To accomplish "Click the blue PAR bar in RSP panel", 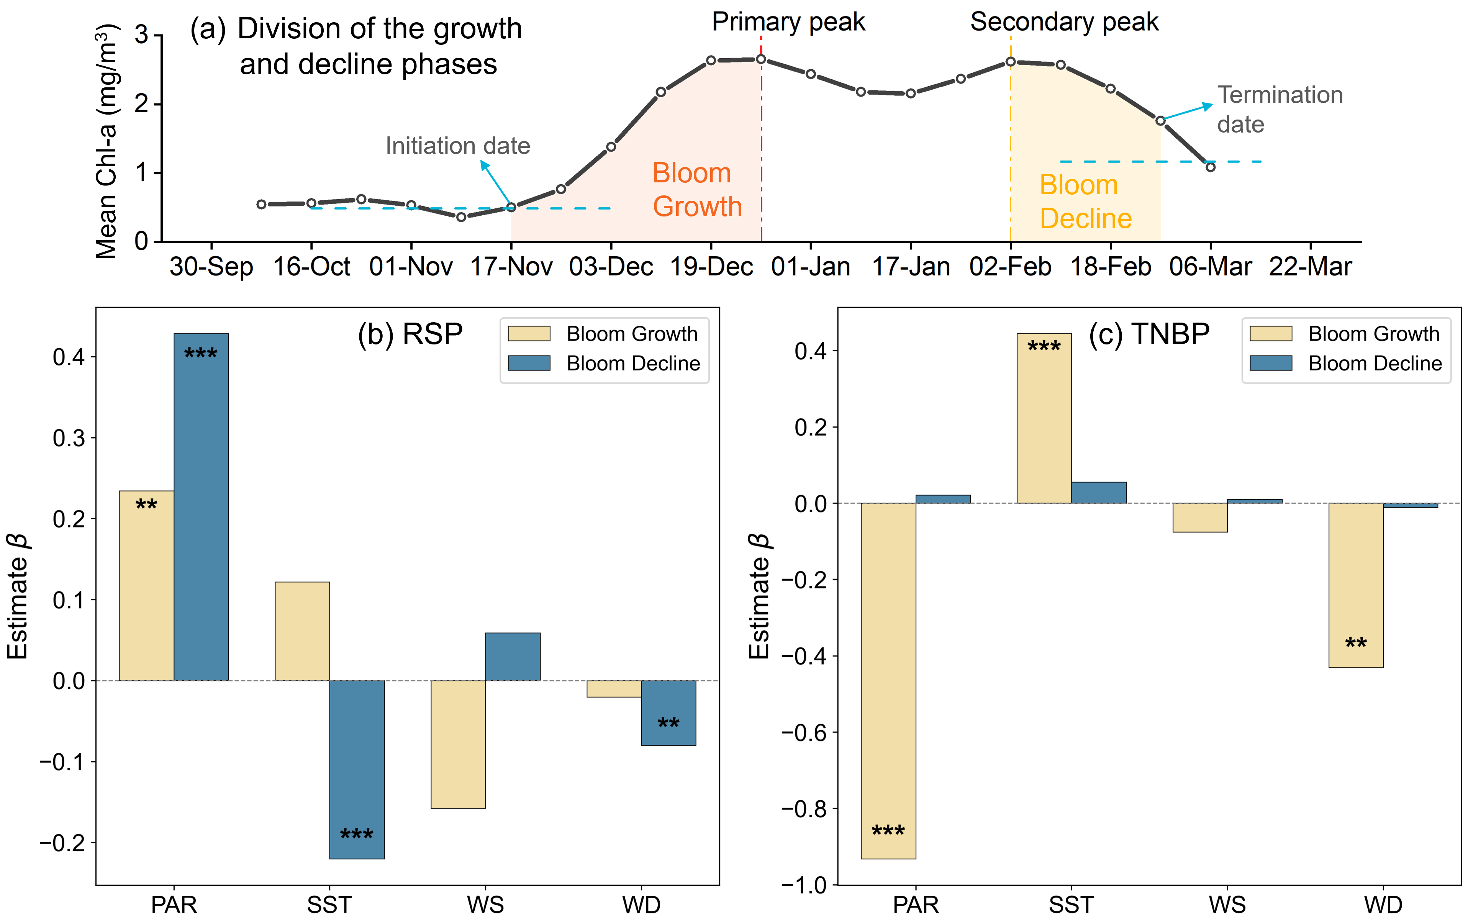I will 201,507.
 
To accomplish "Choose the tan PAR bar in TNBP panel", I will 888,680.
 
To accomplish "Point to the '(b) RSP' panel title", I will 410,334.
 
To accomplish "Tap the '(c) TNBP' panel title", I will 1149,334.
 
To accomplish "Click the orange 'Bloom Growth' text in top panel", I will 697,189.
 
